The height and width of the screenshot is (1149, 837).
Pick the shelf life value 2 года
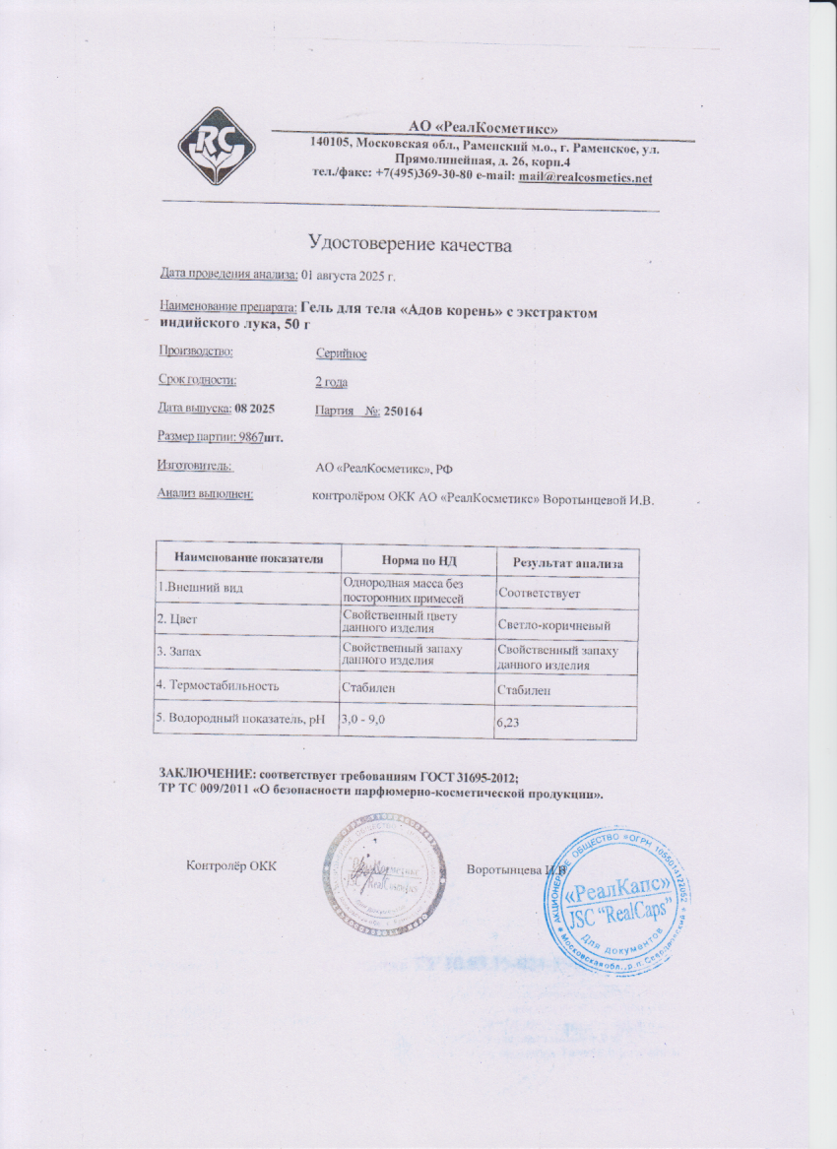coord(331,382)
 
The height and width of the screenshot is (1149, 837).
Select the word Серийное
coord(341,353)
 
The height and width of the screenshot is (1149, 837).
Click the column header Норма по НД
coord(417,560)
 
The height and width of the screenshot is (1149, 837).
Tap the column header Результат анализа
coord(568,562)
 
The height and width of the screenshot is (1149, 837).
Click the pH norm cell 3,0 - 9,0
coord(362,721)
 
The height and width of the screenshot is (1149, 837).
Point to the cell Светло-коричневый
coord(556,626)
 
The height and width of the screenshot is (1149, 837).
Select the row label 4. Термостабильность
coord(219,684)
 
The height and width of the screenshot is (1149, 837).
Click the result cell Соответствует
coord(540,594)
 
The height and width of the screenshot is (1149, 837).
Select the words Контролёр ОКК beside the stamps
coord(231,865)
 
